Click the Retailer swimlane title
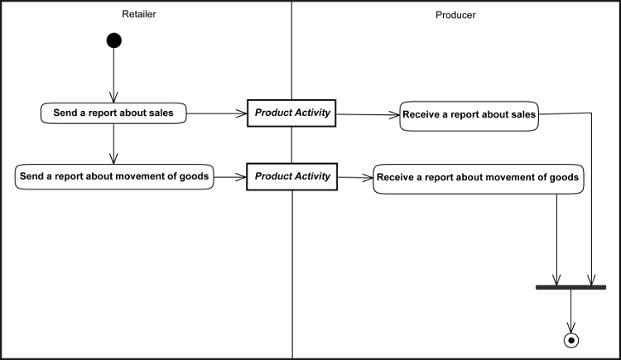[x=139, y=15]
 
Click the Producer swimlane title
[x=455, y=15]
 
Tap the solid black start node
[x=113, y=41]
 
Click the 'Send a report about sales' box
[x=113, y=113]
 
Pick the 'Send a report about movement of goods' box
[x=113, y=176]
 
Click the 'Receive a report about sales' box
[x=469, y=115]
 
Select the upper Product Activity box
[x=291, y=113]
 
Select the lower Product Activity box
[x=291, y=176]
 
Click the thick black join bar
[x=570, y=287]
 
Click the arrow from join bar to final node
[x=570, y=311]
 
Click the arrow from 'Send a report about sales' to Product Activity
[x=216, y=113]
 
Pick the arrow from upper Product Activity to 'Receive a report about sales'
[x=368, y=114]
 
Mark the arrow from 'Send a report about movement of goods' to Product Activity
[x=229, y=176]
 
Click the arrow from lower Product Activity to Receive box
[x=354, y=177]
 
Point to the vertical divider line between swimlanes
[x=292, y=248]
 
